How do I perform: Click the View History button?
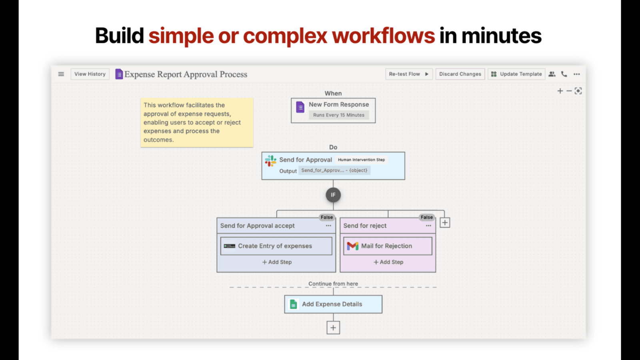tap(90, 74)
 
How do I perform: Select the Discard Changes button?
tap(460, 74)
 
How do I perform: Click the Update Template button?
tap(516, 74)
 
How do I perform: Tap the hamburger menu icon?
tap(61, 74)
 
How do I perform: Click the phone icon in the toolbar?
tap(564, 74)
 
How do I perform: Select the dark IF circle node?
tap(333, 195)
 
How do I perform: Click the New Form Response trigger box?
tap(333, 110)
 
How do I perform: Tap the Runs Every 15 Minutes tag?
tap(338, 115)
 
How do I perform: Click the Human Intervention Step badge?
tap(362, 160)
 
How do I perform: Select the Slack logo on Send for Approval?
tap(270, 160)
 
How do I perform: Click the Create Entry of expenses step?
tap(276, 246)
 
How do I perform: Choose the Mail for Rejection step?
tap(388, 246)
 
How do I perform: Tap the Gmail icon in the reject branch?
tap(352, 246)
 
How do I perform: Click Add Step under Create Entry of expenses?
tap(277, 262)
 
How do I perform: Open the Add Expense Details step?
tap(333, 304)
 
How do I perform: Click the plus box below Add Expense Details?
tap(333, 328)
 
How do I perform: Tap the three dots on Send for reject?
tap(428, 226)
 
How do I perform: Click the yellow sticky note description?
tap(197, 122)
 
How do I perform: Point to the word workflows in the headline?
tap(383, 36)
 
